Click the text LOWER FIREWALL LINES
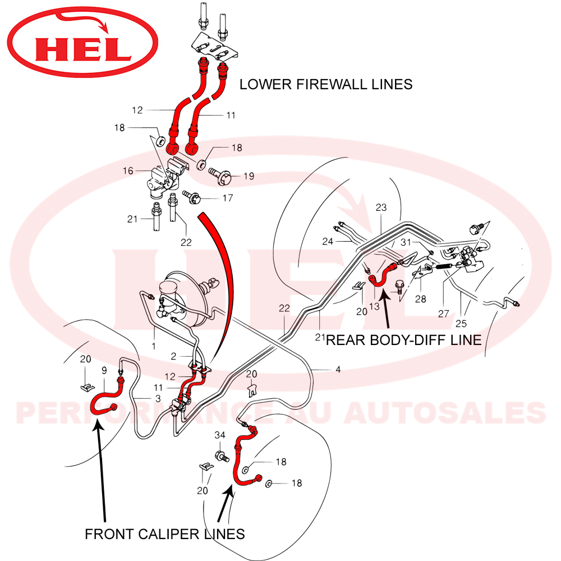(x=326, y=84)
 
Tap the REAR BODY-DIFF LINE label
(x=404, y=339)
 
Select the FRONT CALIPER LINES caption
(x=165, y=534)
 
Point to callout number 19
(x=249, y=176)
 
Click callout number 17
(x=227, y=198)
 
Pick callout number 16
(x=128, y=169)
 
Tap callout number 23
(x=381, y=208)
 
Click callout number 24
(x=343, y=242)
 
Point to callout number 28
(x=420, y=299)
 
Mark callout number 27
(x=443, y=314)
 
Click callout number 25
(x=461, y=324)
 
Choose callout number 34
(x=219, y=435)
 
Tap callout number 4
(x=338, y=370)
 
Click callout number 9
(x=104, y=370)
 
